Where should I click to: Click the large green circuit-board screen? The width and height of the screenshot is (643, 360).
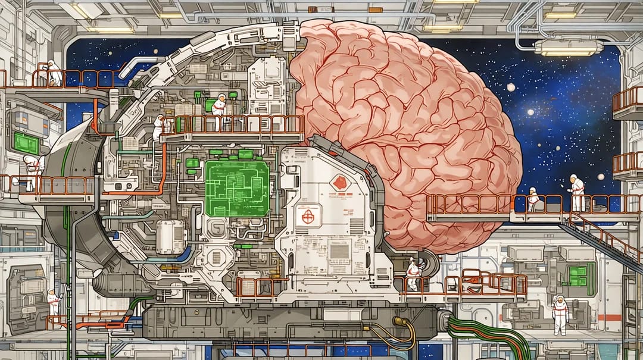click(237, 187)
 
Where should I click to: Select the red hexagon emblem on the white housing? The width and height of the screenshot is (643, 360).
click(339, 182)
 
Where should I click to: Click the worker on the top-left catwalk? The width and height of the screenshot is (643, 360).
click(54, 73)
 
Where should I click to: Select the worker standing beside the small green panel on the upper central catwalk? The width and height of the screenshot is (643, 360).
click(219, 110)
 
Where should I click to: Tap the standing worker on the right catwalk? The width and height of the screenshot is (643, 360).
click(576, 192)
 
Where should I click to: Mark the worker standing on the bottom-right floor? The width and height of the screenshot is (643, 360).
click(560, 314)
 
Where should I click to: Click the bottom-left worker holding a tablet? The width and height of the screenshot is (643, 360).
click(53, 302)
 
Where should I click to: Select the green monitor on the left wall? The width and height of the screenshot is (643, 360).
click(26, 143)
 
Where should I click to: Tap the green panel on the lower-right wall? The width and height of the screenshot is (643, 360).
click(578, 276)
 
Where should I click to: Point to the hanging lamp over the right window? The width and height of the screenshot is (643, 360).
click(569, 47)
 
